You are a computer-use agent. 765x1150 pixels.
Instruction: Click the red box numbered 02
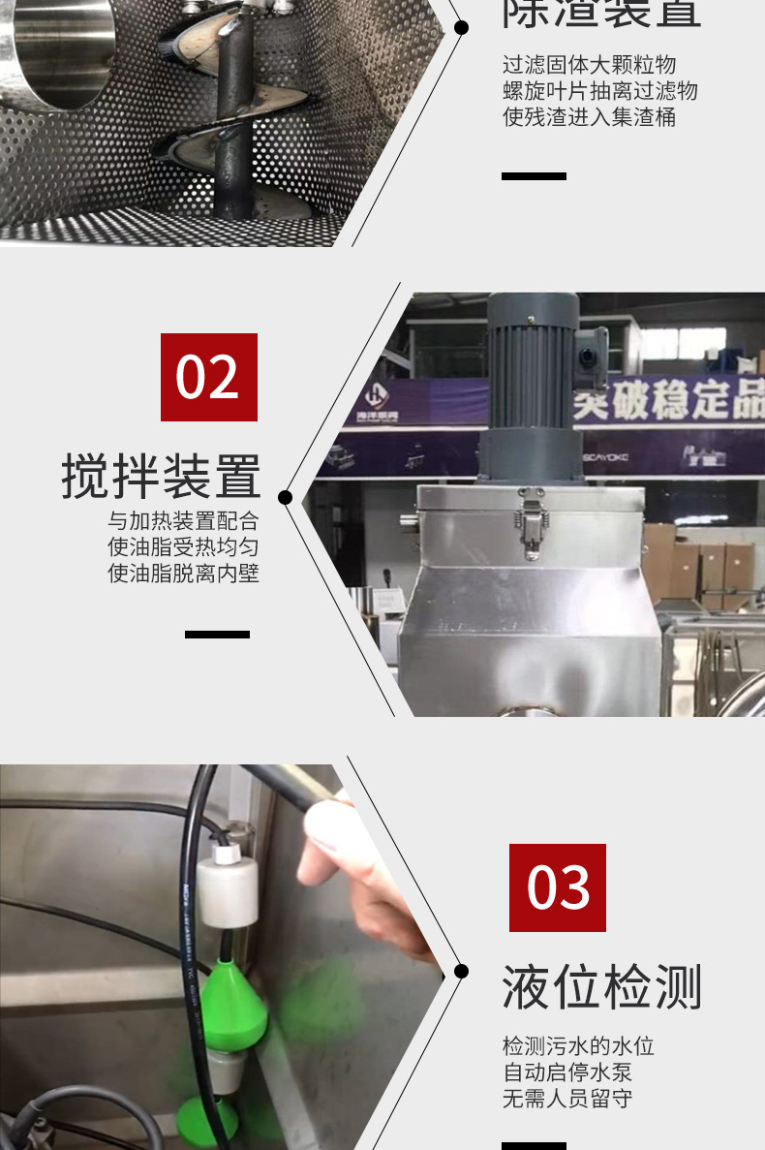pos(209,377)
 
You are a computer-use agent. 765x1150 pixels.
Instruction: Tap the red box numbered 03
pos(558,887)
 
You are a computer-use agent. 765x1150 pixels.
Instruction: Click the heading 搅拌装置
pos(162,476)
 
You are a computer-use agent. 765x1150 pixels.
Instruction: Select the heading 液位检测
pos(601,987)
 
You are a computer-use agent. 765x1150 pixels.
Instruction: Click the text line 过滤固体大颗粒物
pos(589,65)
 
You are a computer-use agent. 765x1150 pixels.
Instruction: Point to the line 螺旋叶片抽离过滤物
pos(599,91)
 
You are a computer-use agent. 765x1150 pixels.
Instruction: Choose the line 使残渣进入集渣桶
pos(589,117)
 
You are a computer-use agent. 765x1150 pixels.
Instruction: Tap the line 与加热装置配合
pos(183,520)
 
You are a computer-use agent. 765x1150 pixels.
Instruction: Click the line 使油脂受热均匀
pos(183,546)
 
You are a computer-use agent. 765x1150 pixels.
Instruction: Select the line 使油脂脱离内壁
pos(183,573)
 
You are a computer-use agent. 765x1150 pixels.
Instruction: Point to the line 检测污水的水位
pos(578,1046)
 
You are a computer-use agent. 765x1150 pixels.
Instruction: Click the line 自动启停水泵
pos(567,1072)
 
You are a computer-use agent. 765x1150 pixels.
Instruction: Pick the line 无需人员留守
pos(567,1099)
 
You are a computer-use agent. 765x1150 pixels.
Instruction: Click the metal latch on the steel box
pos(530,522)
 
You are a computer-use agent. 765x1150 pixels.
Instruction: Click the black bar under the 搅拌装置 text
pos(217,635)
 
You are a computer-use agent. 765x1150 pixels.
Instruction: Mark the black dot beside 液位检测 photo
pos(461,971)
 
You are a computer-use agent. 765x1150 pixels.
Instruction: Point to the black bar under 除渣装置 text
pos(534,176)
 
